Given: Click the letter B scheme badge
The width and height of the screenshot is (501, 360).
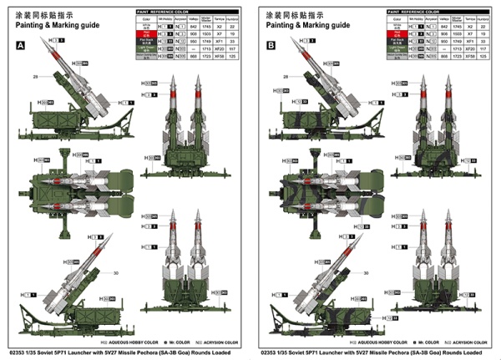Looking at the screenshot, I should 270,48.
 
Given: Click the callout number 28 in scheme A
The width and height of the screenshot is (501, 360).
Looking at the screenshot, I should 38,76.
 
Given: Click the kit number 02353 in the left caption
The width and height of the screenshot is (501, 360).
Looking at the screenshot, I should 13,352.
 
